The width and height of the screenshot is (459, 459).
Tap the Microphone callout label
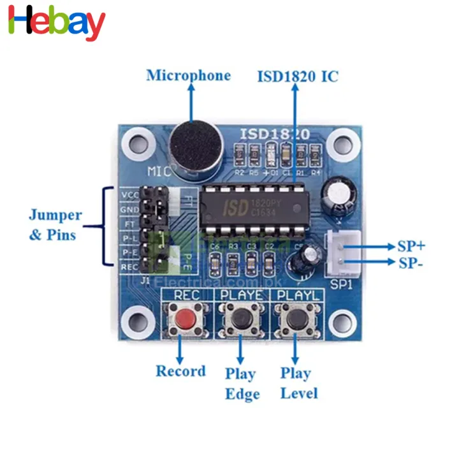(x=188, y=75)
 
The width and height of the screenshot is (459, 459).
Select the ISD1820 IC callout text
(x=298, y=76)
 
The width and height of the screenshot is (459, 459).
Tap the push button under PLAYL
(x=295, y=318)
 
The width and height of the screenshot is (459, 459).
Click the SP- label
(x=411, y=263)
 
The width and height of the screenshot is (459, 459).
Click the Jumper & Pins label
(x=55, y=224)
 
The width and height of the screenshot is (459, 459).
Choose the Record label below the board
(x=181, y=371)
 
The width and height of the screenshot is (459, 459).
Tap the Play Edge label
(x=241, y=384)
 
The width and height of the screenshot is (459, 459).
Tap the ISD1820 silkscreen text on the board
(x=275, y=134)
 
